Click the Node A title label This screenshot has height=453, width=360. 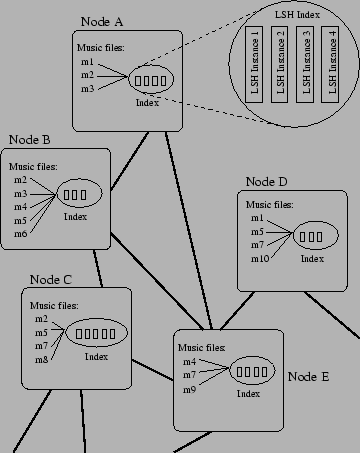click(103, 21)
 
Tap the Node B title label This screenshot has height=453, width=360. click(30, 140)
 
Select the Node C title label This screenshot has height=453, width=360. click(52, 279)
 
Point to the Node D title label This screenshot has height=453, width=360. click(266, 182)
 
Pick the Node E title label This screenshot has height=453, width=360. click(308, 376)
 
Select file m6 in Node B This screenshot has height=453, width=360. click(21, 232)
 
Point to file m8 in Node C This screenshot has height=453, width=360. click(41, 357)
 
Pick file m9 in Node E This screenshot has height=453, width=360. click(188, 387)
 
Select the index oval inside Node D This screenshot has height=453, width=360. click(311, 237)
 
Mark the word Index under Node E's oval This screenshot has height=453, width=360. click(248, 393)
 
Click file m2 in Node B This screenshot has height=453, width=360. click(21, 180)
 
